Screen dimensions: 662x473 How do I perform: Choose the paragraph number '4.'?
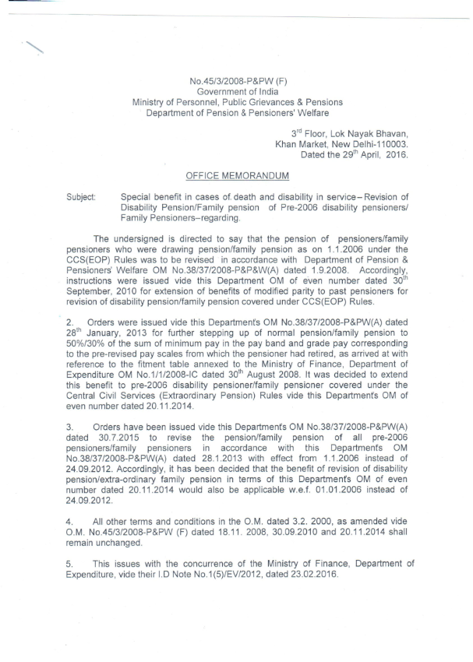(71, 519)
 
